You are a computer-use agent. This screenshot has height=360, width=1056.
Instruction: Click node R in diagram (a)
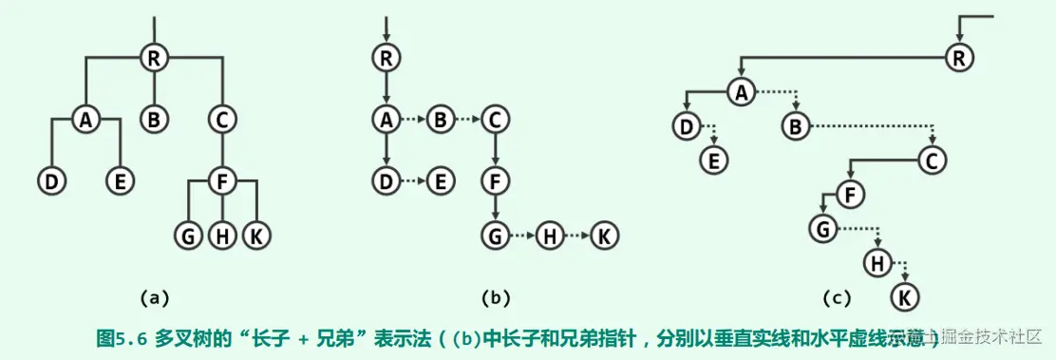tap(154, 58)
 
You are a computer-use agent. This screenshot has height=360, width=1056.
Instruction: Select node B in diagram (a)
tap(154, 120)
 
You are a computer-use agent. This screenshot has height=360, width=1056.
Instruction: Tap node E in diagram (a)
tap(119, 180)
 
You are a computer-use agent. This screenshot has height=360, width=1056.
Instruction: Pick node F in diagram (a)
tap(222, 180)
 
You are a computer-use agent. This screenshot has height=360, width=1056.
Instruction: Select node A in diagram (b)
tap(386, 120)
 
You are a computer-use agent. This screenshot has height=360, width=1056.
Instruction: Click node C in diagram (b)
tap(494, 120)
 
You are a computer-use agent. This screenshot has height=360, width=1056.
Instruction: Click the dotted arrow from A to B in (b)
tap(412, 120)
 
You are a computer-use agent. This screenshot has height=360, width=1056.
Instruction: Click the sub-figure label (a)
tap(154, 298)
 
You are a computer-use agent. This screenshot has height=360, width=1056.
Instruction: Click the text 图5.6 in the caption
tap(120, 336)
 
